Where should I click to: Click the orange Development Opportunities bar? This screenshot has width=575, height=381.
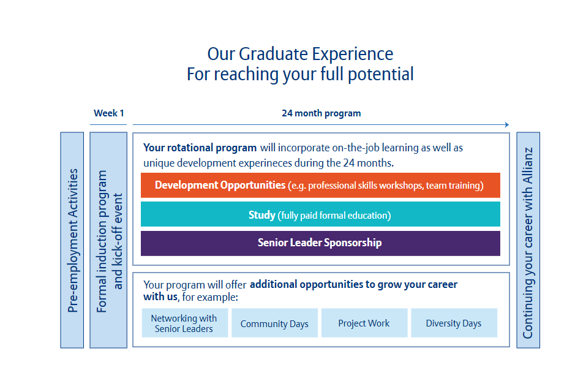tap(320, 185)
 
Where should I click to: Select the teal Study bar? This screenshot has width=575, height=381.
tap(320, 214)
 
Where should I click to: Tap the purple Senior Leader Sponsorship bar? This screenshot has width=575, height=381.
tap(320, 243)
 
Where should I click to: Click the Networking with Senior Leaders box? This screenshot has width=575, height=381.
tap(185, 323)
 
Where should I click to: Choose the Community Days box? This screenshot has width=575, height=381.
tap(274, 323)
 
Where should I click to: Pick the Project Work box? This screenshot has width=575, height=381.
tap(364, 323)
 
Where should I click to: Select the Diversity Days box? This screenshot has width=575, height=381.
tap(454, 323)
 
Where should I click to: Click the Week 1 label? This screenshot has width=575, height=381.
tap(108, 113)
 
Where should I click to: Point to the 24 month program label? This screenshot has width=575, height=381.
tap(321, 113)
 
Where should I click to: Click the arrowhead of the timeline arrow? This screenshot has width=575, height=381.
tap(508, 125)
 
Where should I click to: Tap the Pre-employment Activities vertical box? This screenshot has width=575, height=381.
tap(72, 240)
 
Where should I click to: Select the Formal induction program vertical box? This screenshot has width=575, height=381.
tap(108, 240)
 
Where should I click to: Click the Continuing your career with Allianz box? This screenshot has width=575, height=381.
tap(528, 240)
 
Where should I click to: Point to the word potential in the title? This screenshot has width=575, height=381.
tap(381, 75)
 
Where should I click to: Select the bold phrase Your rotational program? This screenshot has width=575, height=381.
tap(200, 148)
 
